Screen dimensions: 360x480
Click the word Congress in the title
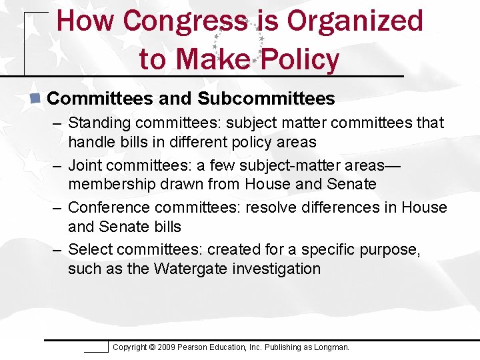click(x=185, y=21)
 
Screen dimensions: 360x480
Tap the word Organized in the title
click(x=355, y=21)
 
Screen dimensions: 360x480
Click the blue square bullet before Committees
click(x=37, y=99)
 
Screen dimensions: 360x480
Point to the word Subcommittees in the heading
click(x=266, y=99)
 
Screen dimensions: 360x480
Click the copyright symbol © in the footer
click(x=152, y=347)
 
